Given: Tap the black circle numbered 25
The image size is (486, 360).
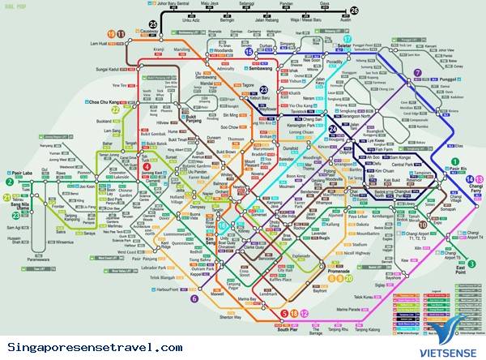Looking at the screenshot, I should click(154, 25).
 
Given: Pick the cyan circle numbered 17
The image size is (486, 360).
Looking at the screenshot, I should click(347, 38).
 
